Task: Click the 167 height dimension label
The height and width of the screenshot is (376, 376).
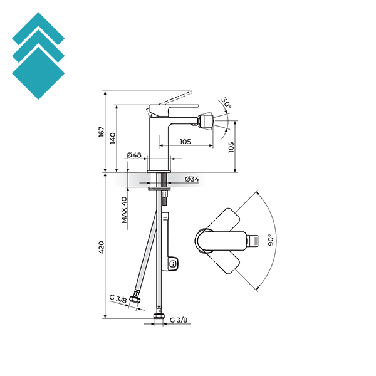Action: point(102,132)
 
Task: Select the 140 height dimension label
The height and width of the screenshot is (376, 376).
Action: point(113,138)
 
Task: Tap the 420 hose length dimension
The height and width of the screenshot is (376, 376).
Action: point(102,248)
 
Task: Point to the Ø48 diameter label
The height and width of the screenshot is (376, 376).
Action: point(134,155)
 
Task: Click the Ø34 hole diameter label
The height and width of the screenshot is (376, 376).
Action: point(192,179)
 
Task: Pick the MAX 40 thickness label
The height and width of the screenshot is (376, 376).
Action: point(124,210)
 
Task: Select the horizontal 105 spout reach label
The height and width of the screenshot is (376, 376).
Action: point(185,142)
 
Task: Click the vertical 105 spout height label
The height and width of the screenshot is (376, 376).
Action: point(231,147)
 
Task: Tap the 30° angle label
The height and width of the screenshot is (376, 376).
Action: point(226,103)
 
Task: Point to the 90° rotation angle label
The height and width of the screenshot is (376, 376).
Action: point(271,240)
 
